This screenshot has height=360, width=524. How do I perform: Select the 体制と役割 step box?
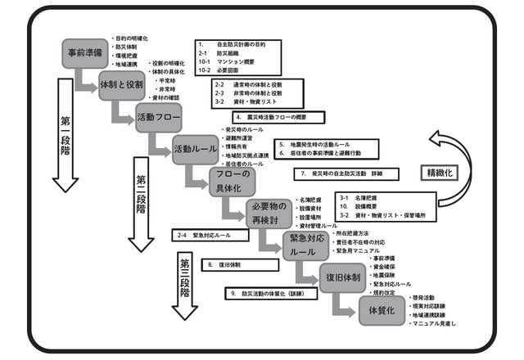[121, 84]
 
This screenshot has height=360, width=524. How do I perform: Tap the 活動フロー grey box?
[157, 116]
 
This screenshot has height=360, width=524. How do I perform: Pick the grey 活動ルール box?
[194, 149]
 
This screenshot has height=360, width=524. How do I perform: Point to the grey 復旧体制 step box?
[341, 277]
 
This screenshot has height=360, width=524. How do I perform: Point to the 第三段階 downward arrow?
[185, 284]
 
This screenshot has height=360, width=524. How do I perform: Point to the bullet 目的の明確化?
[132, 38]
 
